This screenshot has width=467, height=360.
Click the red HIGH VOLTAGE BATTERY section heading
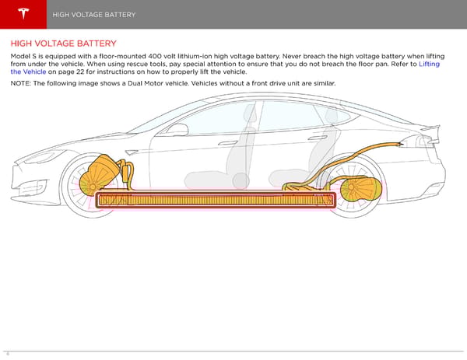(x=64, y=44)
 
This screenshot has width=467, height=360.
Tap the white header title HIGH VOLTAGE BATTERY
(x=95, y=15)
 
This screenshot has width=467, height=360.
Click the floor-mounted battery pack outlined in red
(x=214, y=201)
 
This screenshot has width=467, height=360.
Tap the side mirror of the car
(x=177, y=129)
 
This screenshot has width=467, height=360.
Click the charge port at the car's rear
(x=404, y=143)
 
